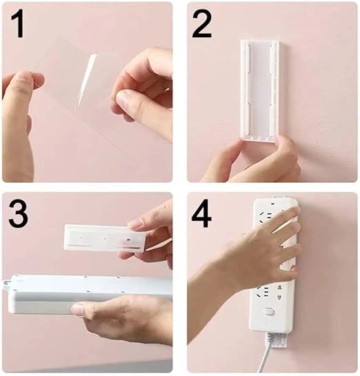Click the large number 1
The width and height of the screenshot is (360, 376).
pos(18,23)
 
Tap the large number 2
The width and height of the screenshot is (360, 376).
pos(202,24)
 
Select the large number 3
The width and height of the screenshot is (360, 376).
pos(18,213)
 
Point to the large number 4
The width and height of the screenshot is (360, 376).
pos(201,214)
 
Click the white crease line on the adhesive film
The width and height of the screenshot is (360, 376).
pos(87,79)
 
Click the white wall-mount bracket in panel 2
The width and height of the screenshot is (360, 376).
pos(260,90)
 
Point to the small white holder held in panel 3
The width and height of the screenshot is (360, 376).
pos(105,238)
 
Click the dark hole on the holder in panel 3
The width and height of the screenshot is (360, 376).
pos(128,239)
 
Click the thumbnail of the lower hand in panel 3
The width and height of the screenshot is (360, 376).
pos(77,309)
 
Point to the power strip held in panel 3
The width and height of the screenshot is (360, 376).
pos(89,295)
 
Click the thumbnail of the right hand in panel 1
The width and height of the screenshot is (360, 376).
pos(123,99)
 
